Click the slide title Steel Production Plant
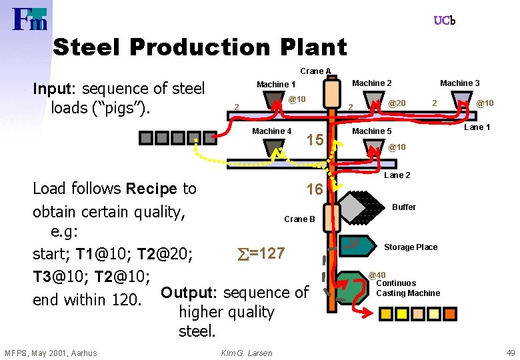coord(199,47)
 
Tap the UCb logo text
coord(444,21)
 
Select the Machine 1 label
coord(276,84)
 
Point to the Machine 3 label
coord(459,83)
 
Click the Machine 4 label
coord(271,131)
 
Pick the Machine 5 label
coord(372,131)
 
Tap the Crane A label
coord(315,71)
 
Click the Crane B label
coord(299,219)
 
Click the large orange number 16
coord(314,190)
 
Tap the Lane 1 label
coord(477,127)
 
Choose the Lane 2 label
coord(397,175)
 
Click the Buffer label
coord(403,207)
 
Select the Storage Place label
coord(411,247)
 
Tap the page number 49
coord(510,353)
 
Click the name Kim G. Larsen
coord(246,353)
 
